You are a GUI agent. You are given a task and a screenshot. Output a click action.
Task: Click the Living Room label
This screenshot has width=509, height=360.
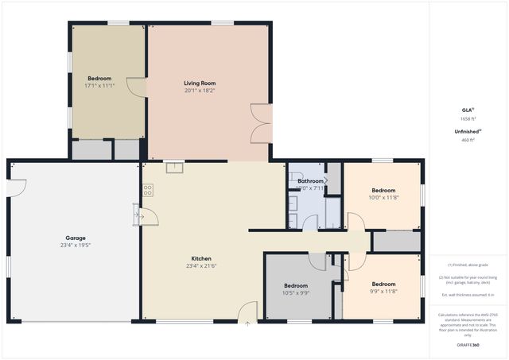200,83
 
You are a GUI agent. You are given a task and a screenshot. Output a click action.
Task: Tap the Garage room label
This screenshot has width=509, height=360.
76,238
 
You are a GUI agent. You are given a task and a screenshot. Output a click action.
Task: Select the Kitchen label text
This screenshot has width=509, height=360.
201,258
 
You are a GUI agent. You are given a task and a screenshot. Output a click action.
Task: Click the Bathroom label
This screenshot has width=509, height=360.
310,181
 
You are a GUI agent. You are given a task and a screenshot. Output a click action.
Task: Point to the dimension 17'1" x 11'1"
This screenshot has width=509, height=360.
99,86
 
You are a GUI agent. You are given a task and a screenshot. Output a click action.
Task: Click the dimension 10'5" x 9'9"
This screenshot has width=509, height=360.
296,292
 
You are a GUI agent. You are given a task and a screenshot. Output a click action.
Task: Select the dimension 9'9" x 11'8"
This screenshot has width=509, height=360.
383,292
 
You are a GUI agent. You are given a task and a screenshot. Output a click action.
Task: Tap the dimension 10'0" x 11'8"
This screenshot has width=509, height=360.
383,197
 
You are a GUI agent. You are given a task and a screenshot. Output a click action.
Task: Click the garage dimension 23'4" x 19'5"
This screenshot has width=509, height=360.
76,245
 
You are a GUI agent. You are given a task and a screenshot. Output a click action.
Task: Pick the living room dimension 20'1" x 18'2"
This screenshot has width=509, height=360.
200,91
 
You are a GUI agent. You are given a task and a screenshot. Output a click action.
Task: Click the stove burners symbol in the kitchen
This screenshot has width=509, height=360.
147,190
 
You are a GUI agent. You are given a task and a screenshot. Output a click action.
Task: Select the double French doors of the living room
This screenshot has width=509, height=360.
261,124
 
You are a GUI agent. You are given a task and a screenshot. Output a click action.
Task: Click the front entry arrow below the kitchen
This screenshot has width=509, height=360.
247,323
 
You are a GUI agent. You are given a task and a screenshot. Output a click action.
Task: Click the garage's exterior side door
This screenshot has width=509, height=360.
17,188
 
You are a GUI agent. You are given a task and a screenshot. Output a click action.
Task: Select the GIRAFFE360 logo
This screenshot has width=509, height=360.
468,346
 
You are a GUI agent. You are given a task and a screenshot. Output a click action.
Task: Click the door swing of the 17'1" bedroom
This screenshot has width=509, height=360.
136,87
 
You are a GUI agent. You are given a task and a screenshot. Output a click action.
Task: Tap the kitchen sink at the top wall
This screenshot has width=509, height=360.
174,168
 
